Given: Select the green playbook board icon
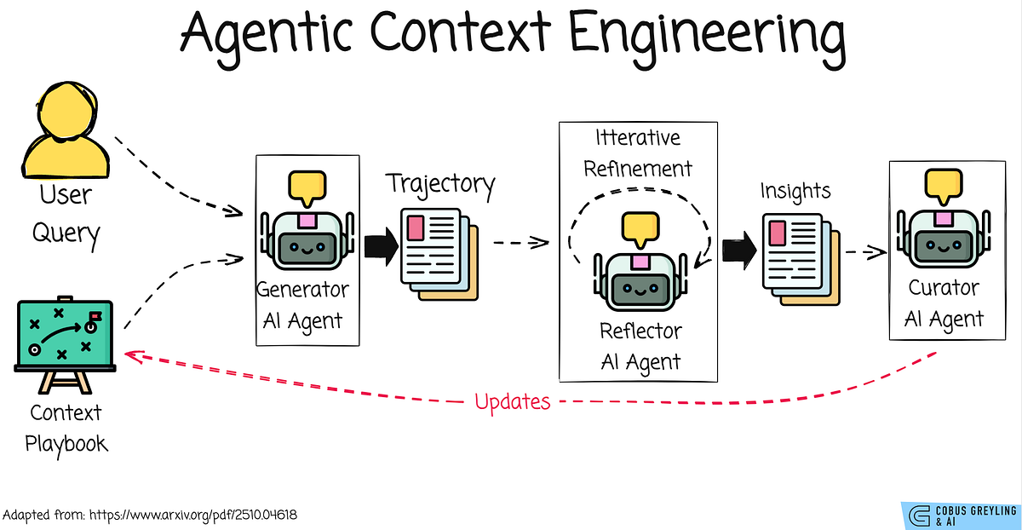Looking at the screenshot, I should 65,336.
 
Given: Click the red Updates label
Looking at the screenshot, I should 512,400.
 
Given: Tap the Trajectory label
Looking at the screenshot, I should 440,183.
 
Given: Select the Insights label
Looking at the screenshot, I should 795,193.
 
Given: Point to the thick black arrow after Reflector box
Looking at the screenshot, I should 738,250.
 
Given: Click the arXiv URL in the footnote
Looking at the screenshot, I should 198,516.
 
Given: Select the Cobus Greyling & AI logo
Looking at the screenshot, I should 961,515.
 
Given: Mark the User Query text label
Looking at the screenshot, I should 66,214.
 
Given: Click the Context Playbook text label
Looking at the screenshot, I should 65,429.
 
